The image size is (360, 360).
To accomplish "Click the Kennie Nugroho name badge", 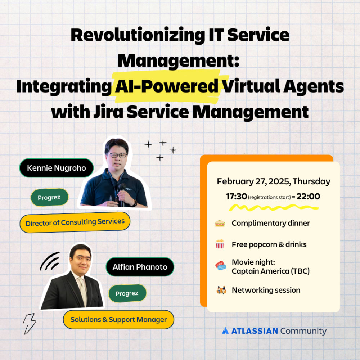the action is (57, 168).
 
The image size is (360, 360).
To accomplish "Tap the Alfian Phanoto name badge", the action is (140, 267).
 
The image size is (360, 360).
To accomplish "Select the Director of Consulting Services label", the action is (75, 222).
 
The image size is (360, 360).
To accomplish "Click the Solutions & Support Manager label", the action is (118, 319).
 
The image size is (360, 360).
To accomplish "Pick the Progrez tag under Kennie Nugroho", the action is (49, 197).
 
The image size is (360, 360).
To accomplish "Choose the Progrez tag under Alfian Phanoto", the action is (127, 293).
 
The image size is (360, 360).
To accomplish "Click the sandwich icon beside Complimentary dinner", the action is (220, 223).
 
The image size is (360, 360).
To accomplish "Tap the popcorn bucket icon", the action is (220, 244).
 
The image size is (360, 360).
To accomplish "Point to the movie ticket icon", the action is (221, 266).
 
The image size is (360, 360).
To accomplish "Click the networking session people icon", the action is (221, 290).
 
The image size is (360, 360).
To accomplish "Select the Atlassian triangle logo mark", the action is (225, 330).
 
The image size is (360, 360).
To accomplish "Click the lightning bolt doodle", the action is (30, 324).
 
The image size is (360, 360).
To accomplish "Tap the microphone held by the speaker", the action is (121, 194).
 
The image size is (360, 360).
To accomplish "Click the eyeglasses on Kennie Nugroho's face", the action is (117, 156).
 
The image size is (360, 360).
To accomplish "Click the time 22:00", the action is (309, 196).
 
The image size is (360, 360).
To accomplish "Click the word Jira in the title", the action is (108, 112).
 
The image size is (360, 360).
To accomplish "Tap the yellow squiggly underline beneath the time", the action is (274, 208).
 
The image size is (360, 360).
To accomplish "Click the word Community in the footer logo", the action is (303, 331).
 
